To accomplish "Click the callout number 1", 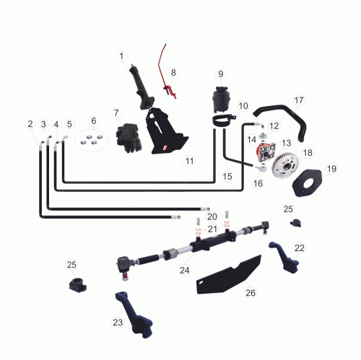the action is pyautogui.click(x=121, y=56).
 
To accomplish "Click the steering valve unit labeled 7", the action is pyautogui.click(x=129, y=138).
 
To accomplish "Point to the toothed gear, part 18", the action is pyautogui.click(x=286, y=166).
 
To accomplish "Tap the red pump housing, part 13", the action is pyautogui.click(x=265, y=152).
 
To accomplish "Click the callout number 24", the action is pyautogui.click(x=185, y=271).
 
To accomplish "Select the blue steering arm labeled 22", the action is pyautogui.click(x=284, y=258).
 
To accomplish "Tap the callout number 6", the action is pyautogui.click(x=94, y=120).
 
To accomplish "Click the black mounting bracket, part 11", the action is pyautogui.click(x=166, y=132).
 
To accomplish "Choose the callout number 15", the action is pyautogui.click(x=227, y=176).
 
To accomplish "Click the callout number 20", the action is pyautogui.click(x=212, y=216).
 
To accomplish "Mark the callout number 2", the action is pyautogui.click(x=30, y=124).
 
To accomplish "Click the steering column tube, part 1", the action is pyautogui.click(x=142, y=88).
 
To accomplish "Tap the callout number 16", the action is pyautogui.click(x=258, y=183).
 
